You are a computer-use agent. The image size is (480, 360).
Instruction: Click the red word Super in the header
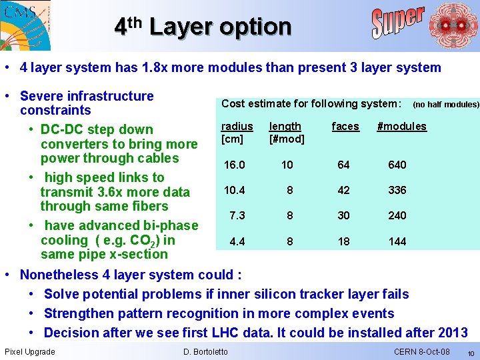398,23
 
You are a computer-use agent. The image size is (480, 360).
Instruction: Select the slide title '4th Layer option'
203,27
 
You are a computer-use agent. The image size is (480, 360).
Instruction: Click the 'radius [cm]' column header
237,132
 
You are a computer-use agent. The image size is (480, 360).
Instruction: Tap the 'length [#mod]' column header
286,132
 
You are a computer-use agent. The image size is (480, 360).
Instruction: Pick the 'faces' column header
345,126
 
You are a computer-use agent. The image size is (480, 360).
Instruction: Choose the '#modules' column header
401,126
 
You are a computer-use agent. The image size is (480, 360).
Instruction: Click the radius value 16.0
234,165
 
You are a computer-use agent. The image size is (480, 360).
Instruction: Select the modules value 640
397,165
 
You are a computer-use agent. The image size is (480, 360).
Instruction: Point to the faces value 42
343,190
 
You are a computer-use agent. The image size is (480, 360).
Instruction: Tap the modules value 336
397,190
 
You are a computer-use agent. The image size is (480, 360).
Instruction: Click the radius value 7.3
237,215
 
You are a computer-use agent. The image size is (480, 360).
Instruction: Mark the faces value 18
343,241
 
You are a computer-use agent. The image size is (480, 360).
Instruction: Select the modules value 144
397,241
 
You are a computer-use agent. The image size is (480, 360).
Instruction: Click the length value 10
287,165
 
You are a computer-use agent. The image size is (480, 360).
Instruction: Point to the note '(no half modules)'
445,104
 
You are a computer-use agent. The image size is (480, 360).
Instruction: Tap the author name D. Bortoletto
205,351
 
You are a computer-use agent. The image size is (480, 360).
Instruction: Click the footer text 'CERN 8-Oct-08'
421,351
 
